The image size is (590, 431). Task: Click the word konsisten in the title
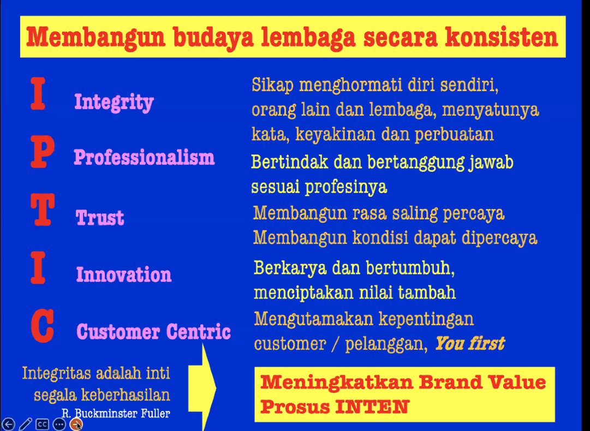(x=501, y=37)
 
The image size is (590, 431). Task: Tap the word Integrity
(x=114, y=102)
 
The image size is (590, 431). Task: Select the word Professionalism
(x=144, y=157)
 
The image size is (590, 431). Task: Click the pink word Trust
(x=100, y=217)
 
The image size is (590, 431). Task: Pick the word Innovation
(x=124, y=274)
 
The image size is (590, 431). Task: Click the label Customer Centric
(x=153, y=331)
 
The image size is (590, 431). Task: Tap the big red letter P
(x=43, y=151)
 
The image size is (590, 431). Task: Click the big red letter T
(x=43, y=209)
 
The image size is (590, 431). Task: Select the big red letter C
(x=43, y=326)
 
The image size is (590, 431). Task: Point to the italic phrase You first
(x=469, y=343)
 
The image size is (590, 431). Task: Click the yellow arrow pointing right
(x=202, y=387)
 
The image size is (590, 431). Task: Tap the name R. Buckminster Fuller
(x=116, y=414)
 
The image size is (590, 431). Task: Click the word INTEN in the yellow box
(x=372, y=406)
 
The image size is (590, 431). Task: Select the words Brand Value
(x=482, y=382)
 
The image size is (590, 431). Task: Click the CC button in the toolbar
(x=42, y=424)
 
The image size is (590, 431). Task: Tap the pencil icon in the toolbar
(x=26, y=424)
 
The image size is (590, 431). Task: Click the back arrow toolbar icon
(x=8, y=424)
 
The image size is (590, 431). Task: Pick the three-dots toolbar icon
(x=59, y=424)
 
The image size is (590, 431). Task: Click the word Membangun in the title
(x=96, y=37)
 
